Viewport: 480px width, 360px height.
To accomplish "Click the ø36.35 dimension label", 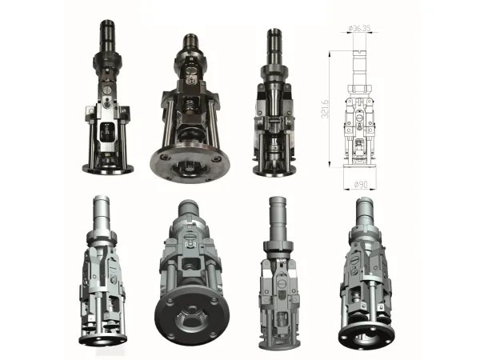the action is click(x=360, y=29).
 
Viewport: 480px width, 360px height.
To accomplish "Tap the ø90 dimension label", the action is click(x=361, y=185).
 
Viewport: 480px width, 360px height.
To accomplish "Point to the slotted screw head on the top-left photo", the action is click(x=107, y=90).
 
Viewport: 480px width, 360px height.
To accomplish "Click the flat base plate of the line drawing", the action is click(x=360, y=166).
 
